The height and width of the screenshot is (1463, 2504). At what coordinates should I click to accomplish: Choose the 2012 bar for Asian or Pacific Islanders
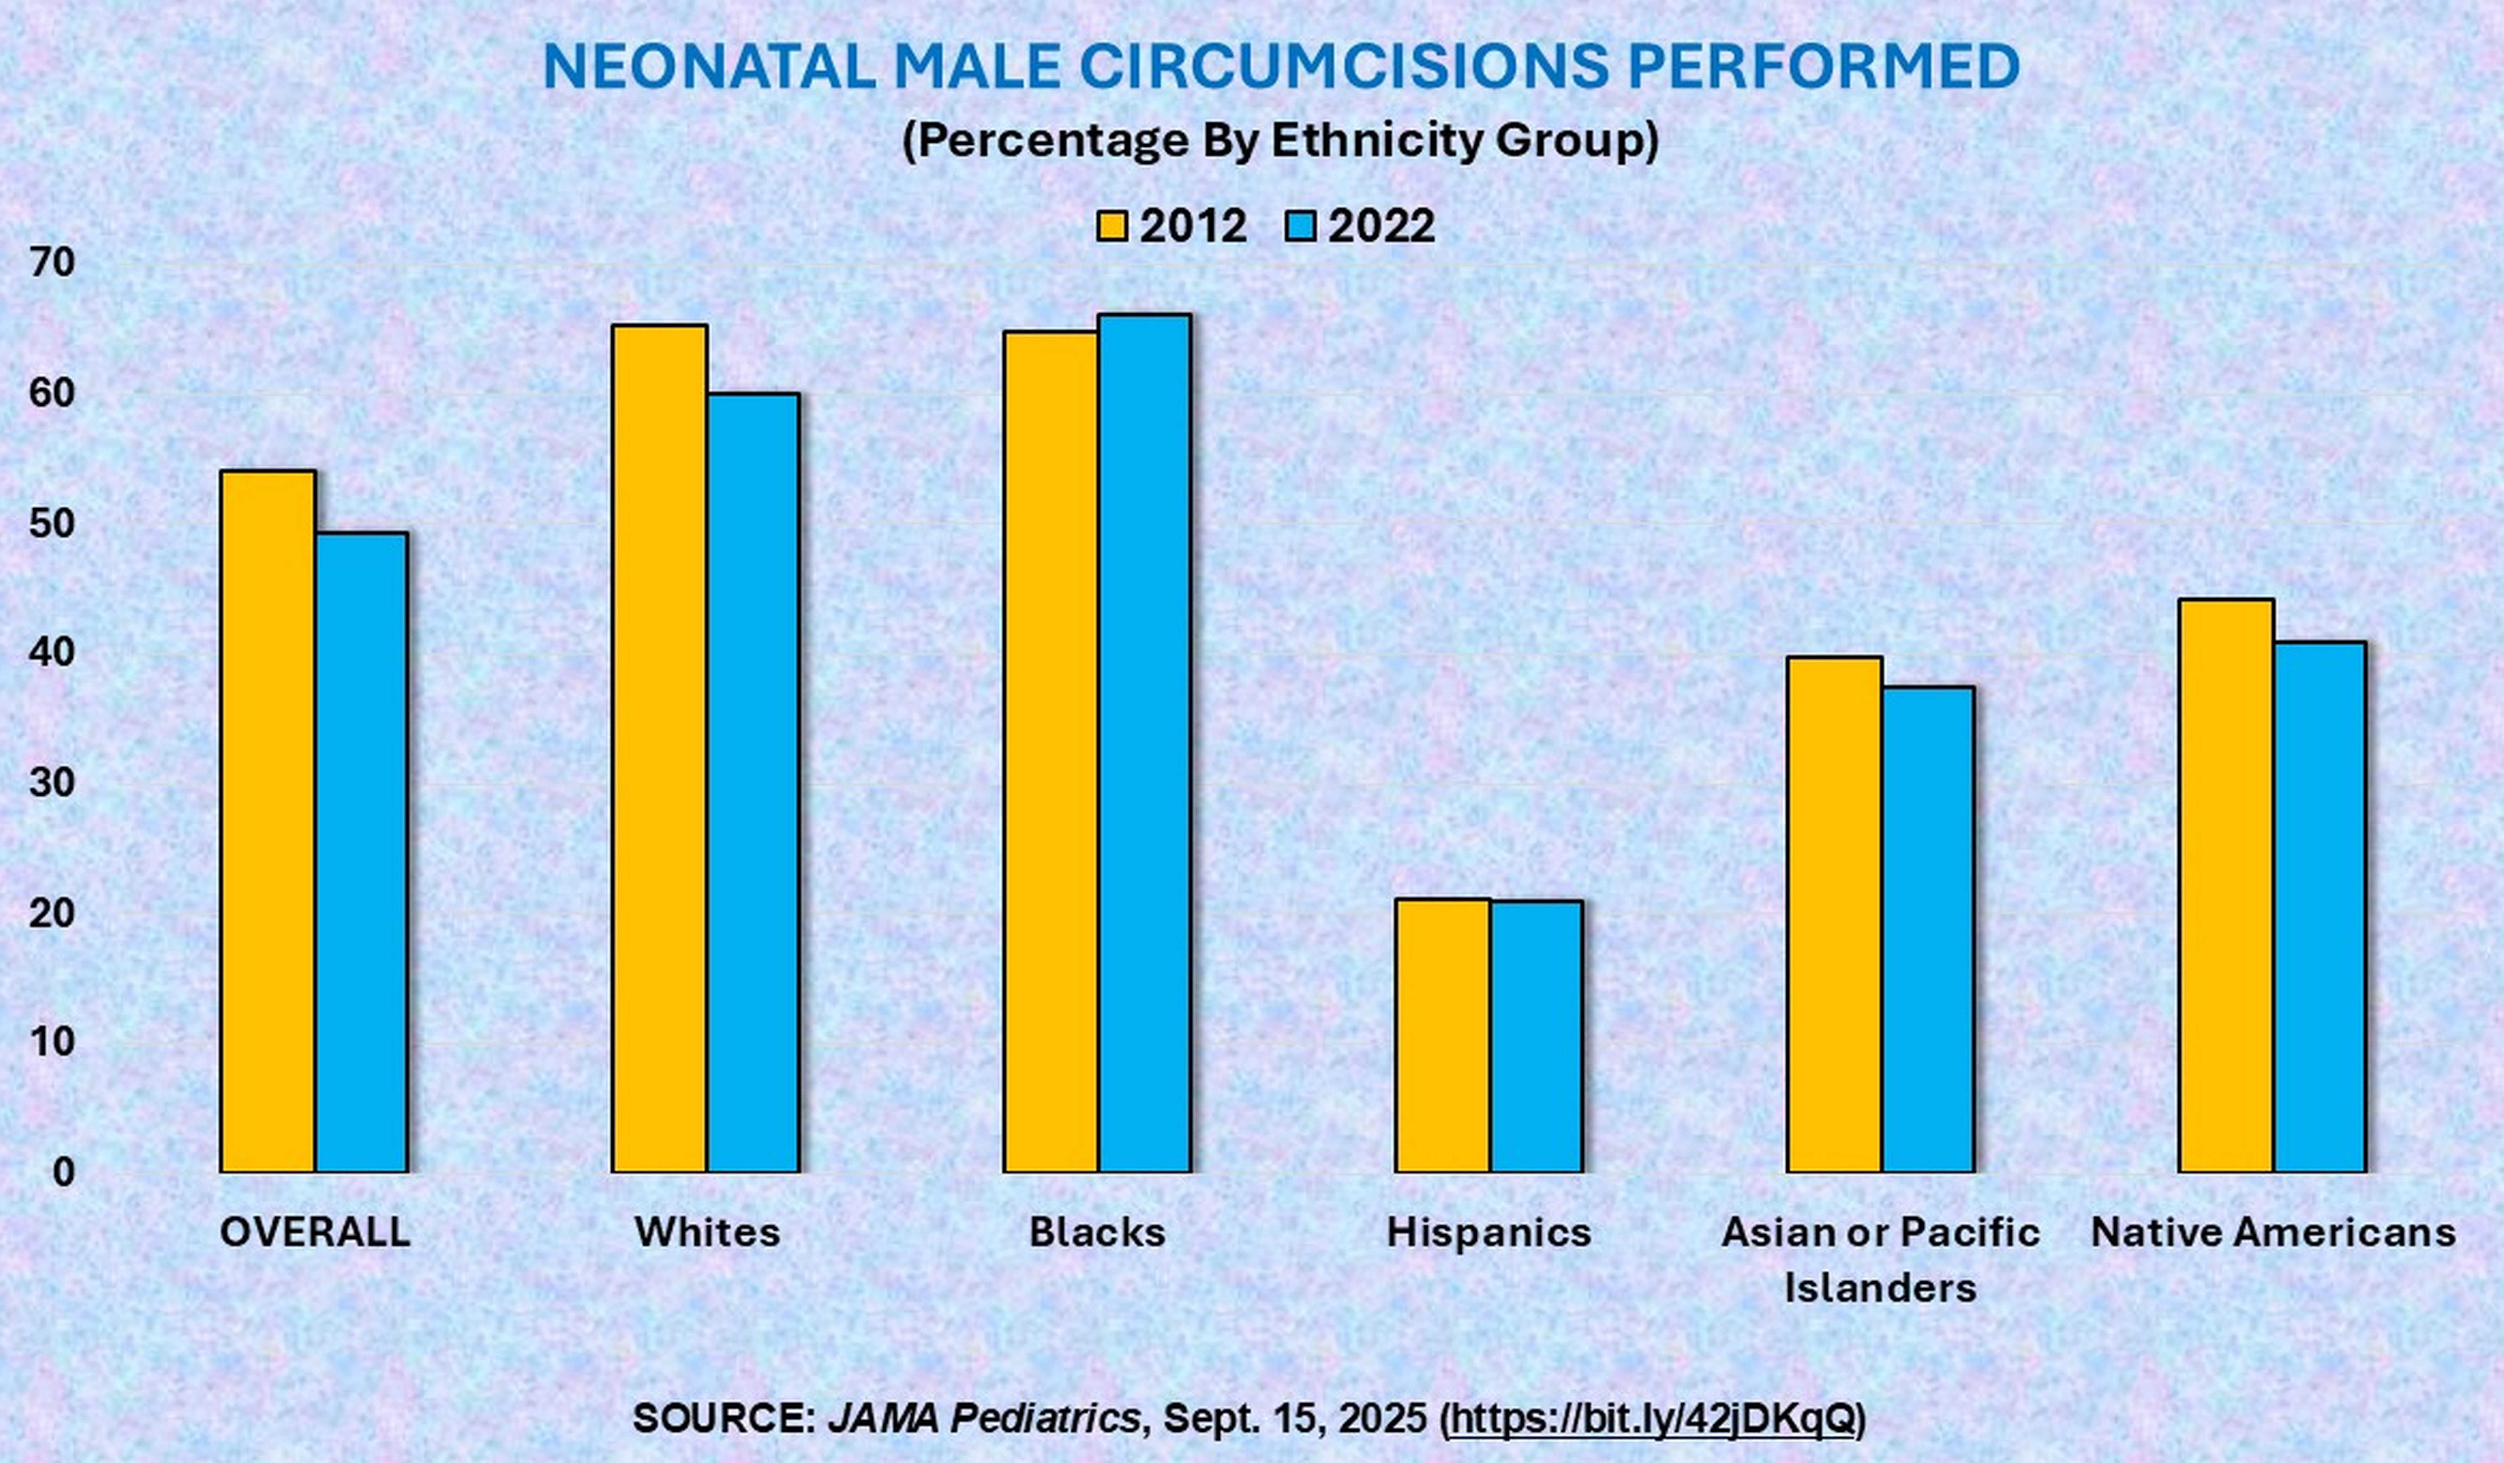pyautogui.click(x=1834, y=914)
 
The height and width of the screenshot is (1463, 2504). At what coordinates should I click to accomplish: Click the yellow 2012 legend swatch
pyautogui.click(x=1112, y=227)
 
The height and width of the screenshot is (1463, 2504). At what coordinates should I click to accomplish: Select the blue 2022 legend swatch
pyautogui.click(x=1301, y=227)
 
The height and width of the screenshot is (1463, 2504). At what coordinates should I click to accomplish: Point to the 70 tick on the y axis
pyautogui.click(x=53, y=263)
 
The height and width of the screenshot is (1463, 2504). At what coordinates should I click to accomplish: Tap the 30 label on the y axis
pyautogui.click(x=53, y=783)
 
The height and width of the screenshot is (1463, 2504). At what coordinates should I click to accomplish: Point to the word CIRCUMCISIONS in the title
pyautogui.click(x=1343, y=68)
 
